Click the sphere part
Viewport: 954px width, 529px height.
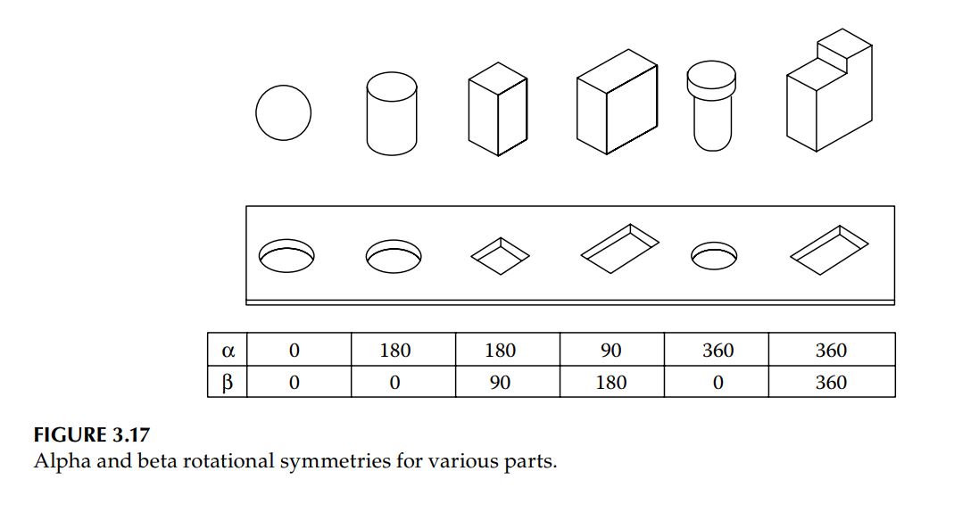click(283, 113)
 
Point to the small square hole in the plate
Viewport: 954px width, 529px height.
click(500, 253)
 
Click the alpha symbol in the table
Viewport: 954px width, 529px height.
click(227, 350)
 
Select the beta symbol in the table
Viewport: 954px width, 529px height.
click(227, 382)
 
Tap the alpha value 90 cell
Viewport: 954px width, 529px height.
click(611, 350)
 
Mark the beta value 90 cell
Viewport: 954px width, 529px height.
click(500, 382)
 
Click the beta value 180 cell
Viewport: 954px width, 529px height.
click(611, 382)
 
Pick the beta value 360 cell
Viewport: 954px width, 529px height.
click(831, 382)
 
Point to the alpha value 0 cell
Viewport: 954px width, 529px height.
click(294, 350)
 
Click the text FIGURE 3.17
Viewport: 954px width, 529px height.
click(91, 436)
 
